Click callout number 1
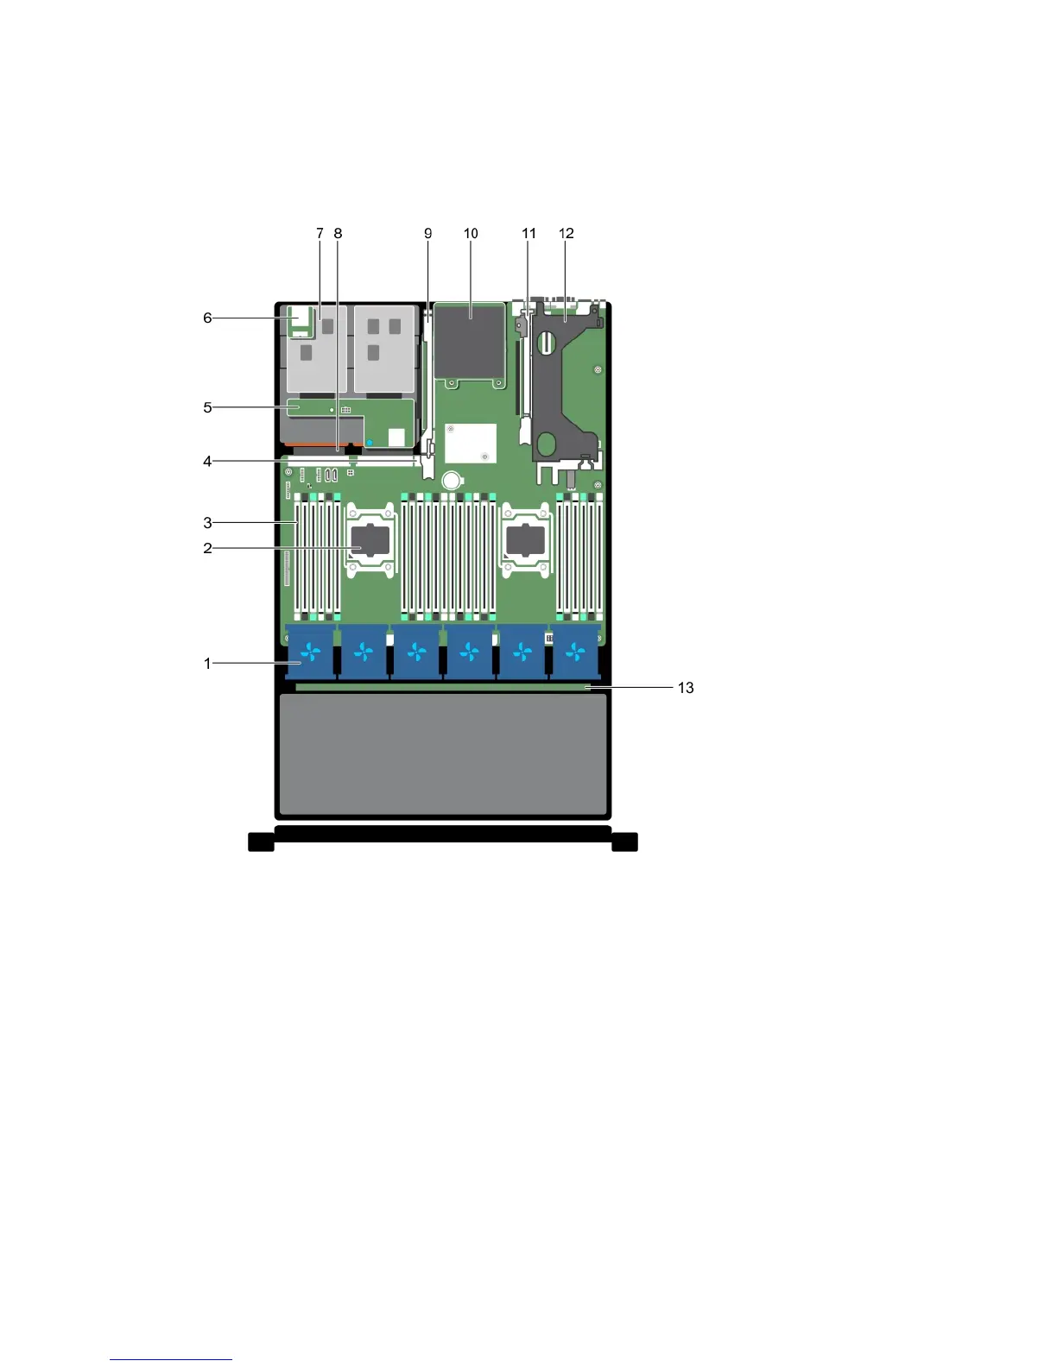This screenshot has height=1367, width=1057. tap(207, 663)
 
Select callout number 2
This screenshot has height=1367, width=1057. tap(207, 548)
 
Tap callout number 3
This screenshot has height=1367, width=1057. tap(207, 522)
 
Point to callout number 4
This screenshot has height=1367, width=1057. tap(207, 462)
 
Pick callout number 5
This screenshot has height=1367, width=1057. tap(207, 407)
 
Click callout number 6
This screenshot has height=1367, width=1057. tap(207, 318)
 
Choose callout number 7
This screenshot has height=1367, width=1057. tap(320, 233)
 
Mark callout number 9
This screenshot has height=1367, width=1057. tap(428, 233)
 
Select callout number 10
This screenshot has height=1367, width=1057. tap(471, 233)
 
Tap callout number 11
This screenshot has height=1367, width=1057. tap(528, 233)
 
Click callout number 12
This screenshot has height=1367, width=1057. tap(566, 233)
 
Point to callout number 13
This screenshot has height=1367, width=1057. tap(686, 688)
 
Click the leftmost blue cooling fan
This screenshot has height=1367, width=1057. tap(311, 652)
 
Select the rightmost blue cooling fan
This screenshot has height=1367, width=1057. tap(575, 652)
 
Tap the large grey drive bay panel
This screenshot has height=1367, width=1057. tap(443, 754)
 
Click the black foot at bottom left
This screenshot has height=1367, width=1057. tap(261, 841)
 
